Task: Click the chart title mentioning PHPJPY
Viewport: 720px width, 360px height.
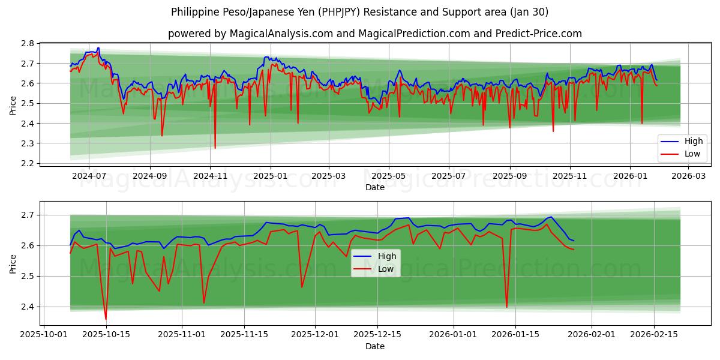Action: click(x=359, y=12)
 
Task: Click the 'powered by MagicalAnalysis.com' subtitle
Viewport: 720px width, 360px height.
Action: click(x=374, y=34)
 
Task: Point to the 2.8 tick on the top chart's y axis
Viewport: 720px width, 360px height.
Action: click(x=28, y=43)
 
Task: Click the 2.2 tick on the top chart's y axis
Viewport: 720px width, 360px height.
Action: click(x=28, y=163)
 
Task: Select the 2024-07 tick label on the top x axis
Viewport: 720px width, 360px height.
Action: click(x=89, y=176)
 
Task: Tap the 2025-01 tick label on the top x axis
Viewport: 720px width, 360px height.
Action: click(x=270, y=176)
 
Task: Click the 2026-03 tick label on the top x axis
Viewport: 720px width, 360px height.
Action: click(x=688, y=176)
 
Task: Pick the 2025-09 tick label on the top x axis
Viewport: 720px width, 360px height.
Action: click(x=509, y=176)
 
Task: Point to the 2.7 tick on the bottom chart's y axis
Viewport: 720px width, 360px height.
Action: click(x=28, y=215)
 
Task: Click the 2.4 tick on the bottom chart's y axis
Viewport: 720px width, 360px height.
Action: click(x=28, y=307)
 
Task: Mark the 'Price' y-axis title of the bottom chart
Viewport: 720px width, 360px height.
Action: click(x=13, y=263)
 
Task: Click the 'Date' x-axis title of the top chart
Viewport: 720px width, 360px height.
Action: click(x=374, y=187)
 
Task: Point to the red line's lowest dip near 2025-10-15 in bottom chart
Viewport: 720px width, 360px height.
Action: click(x=106, y=319)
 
